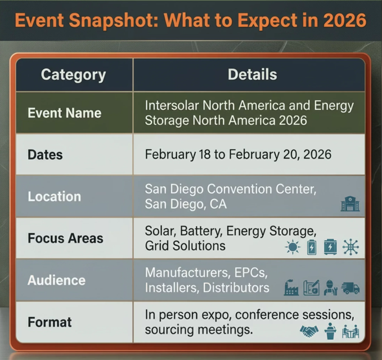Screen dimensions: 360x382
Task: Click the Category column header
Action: tap(73, 74)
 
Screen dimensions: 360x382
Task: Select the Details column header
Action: tap(252, 74)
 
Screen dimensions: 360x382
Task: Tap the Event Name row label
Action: tap(64, 112)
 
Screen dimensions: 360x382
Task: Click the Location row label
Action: tap(54, 196)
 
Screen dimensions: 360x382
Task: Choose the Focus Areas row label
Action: tap(65, 238)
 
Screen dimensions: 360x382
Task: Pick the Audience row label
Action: tap(56, 280)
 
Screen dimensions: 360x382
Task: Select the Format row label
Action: tap(50, 322)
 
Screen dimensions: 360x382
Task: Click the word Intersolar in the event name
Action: tap(171, 106)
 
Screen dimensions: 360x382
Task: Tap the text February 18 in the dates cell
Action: tap(179, 154)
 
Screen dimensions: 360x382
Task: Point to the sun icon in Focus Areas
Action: tap(293, 247)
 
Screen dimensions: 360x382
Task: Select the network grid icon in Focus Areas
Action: tap(350, 247)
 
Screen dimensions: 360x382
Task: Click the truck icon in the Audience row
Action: tap(350, 289)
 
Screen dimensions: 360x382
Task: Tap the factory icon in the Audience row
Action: tap(291, 289)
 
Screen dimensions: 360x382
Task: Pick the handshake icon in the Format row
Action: tap(309, 331)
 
